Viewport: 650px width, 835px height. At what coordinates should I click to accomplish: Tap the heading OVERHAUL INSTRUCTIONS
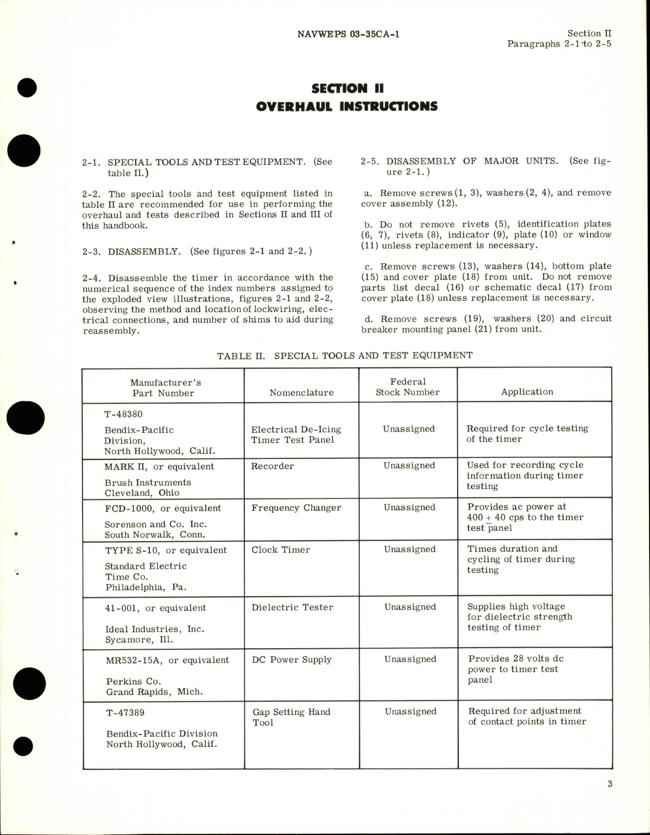[346, 106]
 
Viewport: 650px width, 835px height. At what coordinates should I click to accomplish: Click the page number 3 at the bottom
[610, 798]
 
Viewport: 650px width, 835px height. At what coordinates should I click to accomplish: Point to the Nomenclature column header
[301, 393]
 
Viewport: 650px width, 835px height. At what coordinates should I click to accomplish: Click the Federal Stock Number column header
[407, 387]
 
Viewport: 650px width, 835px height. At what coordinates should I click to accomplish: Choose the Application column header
[527, 392]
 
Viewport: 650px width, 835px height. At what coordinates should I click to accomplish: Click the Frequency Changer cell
[296, 508]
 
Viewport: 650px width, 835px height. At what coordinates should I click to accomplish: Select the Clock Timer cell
[280, 549]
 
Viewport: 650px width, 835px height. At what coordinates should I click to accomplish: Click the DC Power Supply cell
[292, 659]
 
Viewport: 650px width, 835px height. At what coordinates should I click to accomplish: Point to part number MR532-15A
[134, 660]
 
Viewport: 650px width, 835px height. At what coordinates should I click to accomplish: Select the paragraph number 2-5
[370, 161]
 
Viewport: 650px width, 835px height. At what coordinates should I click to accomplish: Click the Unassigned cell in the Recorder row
[409, 465]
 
